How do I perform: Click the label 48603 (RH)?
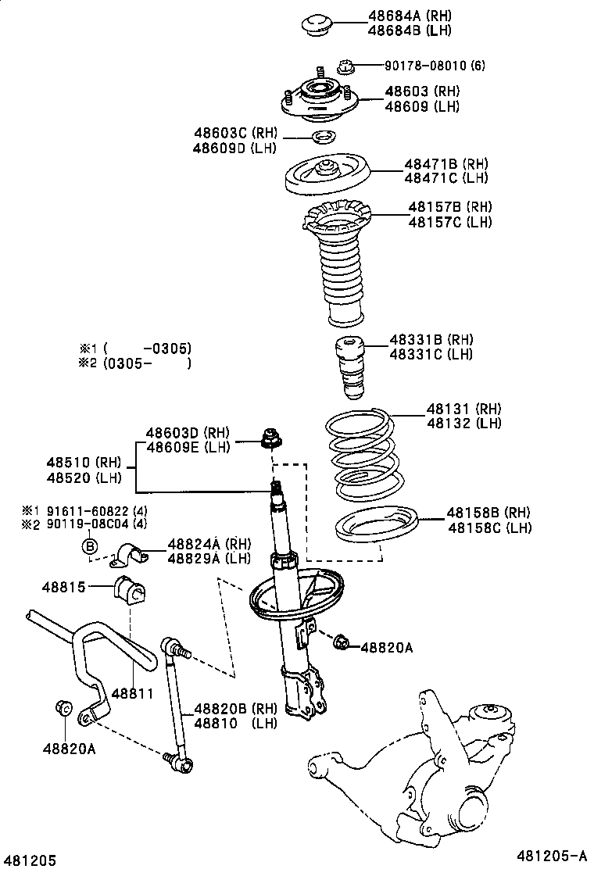coord(421,91)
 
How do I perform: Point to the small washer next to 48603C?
coord(322,138)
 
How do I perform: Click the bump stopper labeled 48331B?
coord(349,366)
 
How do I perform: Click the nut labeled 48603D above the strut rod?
coord(270,439)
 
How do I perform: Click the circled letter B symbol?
coord(89,545)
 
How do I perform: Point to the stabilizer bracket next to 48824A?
coord(131,557)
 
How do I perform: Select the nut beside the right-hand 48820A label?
coord(340,644)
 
